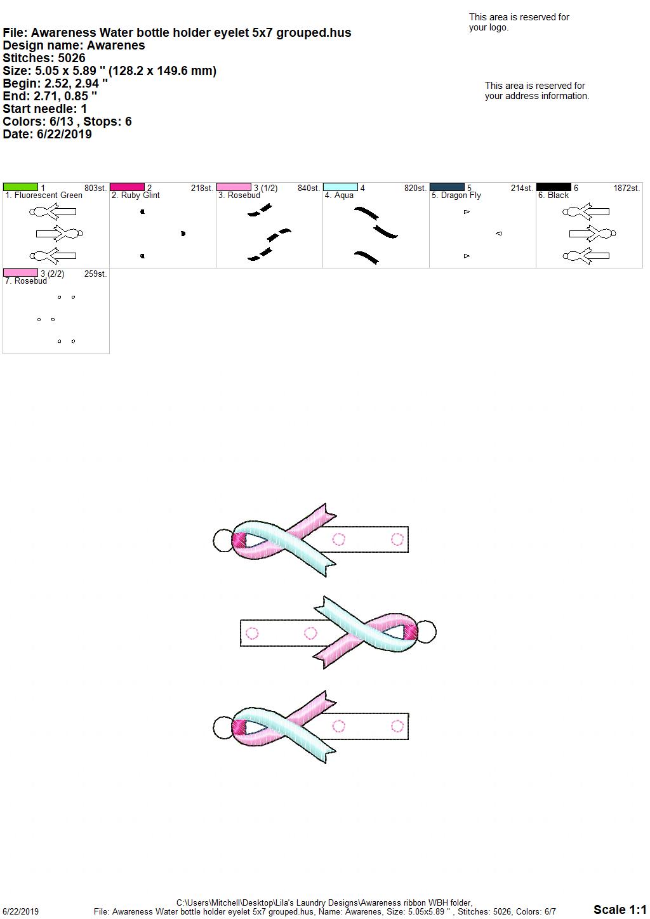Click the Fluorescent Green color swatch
point(20,187)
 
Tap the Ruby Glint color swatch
point(127,187)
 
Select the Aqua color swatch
point(341,187)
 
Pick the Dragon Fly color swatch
point(447,187)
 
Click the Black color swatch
point(554,187)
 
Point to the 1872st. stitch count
point(627,188)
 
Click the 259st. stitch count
point(96,274)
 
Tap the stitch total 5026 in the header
point(72,58)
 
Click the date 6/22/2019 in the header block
point(64,134)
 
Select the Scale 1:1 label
point(620,909)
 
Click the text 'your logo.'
point(489,27)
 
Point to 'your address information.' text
point(537,96)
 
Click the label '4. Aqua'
point(339,195)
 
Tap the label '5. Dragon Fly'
point(456,195)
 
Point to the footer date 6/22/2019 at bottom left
point(20,911)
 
